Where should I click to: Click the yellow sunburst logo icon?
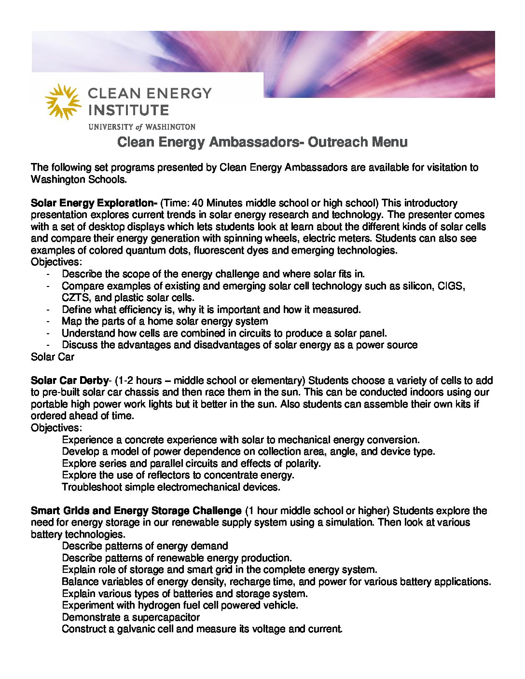tap(63, 101)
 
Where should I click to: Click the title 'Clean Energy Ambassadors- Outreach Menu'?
tap(262, 142)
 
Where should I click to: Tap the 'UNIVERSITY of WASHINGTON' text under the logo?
tap(142, 127)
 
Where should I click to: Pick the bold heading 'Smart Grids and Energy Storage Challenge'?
tap(136, 511)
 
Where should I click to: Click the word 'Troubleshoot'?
tap(92, 487)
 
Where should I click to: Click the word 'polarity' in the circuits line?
tap(303, 463)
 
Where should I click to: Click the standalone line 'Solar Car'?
tap(53, 357)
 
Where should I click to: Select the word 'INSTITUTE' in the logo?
tap(128, 110)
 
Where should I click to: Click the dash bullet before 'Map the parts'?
tap(48, 322)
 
